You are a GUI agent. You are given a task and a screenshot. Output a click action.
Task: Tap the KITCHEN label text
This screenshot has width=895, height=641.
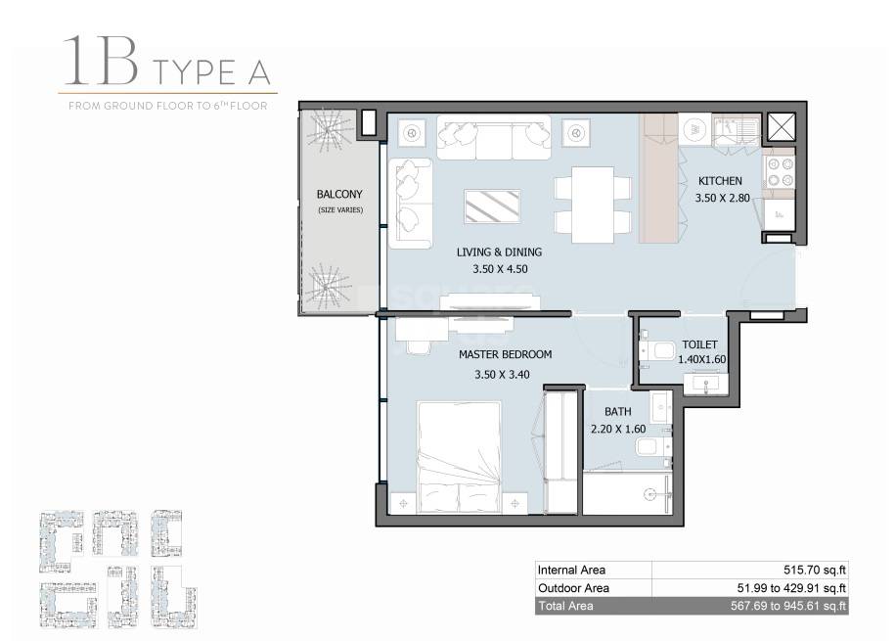click(x=719, y=181)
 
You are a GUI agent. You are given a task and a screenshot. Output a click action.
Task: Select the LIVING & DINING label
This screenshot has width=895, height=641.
click(x=499, y=252)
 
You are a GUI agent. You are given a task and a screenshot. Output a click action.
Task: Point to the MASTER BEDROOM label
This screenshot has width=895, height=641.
click(x=505, y=354)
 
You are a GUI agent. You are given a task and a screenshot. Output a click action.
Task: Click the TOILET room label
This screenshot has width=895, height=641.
click(x=700, y=344)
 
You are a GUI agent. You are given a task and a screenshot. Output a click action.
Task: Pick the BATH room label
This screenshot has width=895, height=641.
click(x=616, y=413)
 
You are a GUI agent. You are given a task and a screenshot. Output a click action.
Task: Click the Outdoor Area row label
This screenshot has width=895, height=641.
click(x=573, y=588)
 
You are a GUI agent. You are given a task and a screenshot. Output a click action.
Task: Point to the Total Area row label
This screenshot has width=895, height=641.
click(x=565, y=607)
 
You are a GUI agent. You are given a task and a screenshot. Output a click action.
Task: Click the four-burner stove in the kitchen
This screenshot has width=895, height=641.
click(x=780, y=172)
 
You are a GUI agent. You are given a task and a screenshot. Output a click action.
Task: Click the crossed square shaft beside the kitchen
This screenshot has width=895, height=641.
click(x=783, y=126)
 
